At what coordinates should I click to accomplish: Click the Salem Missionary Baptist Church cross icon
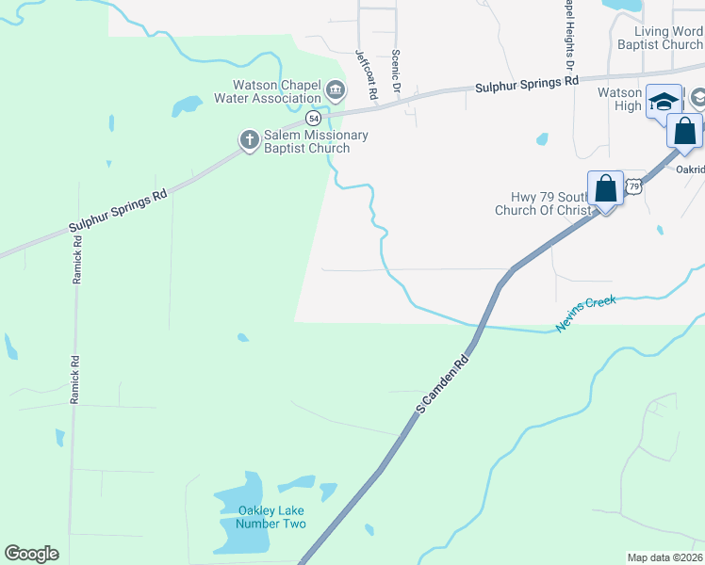(250, 140)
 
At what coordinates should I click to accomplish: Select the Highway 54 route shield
(314, 120)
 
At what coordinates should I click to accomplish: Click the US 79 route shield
(634, 187)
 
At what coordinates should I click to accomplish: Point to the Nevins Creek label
(585, 314)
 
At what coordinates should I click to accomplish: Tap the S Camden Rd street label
(442, 384)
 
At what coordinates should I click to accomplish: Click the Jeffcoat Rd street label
(366, 75)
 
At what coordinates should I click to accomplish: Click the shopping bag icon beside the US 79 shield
(605, 189)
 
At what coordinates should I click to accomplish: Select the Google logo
(32, 554)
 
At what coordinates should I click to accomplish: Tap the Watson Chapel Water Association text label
(268, 91)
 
